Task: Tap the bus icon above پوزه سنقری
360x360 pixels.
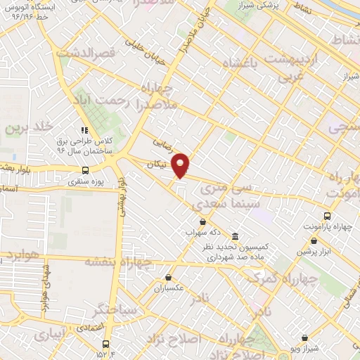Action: point(85,169)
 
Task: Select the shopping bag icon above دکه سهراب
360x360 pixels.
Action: point(202,221)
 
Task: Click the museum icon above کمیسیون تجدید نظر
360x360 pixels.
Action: point(235,236)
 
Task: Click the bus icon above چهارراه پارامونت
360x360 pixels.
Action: point(327,215)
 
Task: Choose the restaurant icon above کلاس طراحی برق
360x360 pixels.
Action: point(84,130)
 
